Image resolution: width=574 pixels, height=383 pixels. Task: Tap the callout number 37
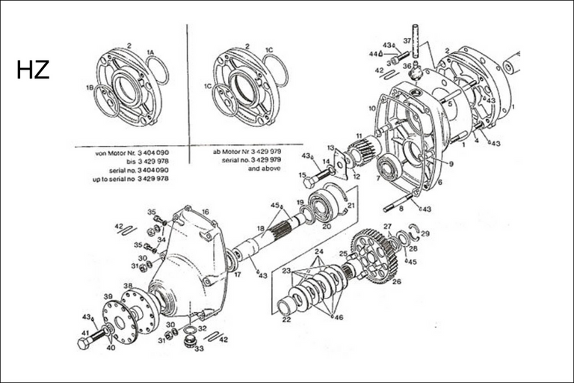click(407, 40)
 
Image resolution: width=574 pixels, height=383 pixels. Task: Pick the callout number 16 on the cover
click(205, 212)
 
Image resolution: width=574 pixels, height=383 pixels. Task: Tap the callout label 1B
click(90, 88)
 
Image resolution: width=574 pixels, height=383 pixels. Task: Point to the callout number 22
click(286, 319)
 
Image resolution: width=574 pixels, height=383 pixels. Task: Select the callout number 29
click(426, 234)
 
